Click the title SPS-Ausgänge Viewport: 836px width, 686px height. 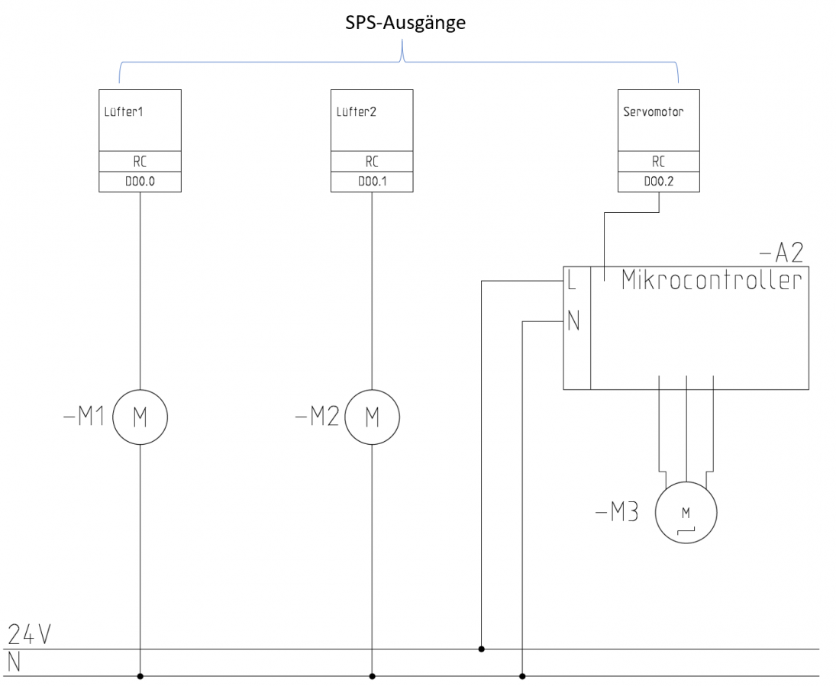pos(403,22)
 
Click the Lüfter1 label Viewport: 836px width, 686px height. pos(124,112)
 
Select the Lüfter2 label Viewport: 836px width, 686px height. pos(357,112)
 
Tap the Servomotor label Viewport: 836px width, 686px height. pos(654,112)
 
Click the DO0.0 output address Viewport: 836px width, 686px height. pos(140,182)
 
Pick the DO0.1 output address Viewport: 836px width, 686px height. pos(372,182)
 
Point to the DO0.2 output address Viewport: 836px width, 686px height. pos(658,182)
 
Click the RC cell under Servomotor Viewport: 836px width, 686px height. pos(658,162)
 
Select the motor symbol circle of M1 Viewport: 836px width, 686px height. pos(140,417)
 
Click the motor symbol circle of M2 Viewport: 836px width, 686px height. pos(372,417)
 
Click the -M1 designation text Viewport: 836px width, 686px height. pos(83,417)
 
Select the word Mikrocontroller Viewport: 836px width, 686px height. pos(712,280)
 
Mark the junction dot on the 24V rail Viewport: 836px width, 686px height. pos(482,649)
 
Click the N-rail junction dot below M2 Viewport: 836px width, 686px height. pos(372,676)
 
